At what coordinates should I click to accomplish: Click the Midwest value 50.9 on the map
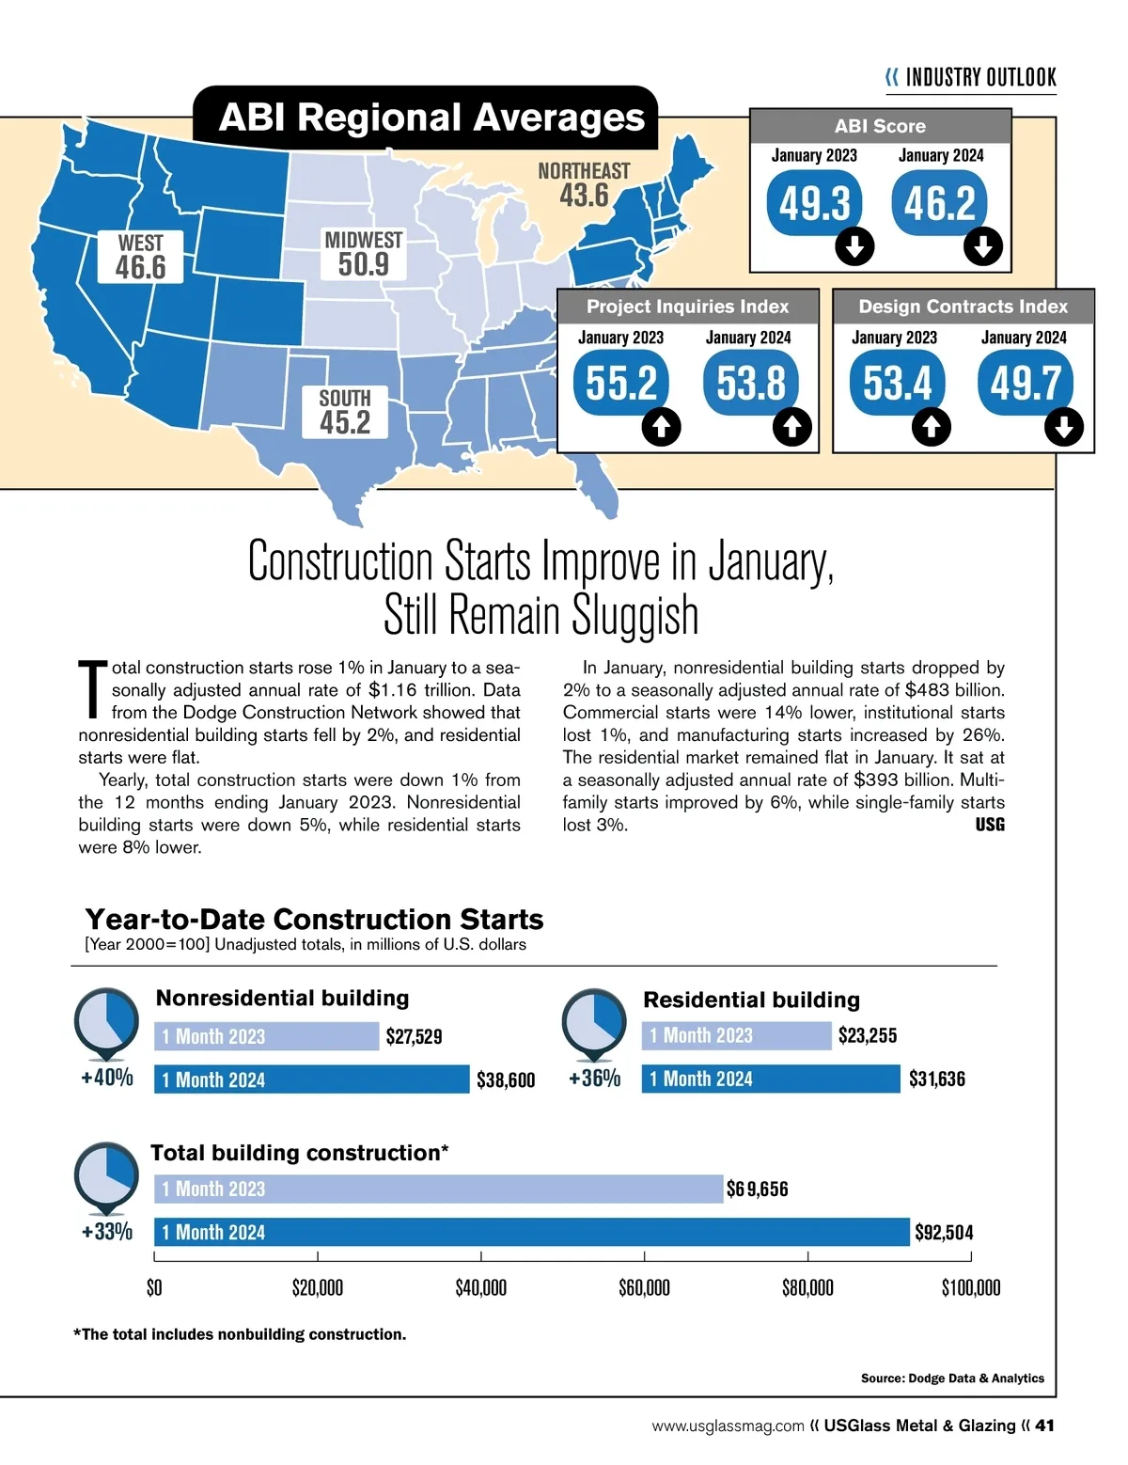point(363,264)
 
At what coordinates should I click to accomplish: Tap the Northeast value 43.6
point(584,196)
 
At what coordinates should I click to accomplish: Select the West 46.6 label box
point(141,257)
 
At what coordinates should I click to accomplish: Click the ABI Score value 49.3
point(814,203)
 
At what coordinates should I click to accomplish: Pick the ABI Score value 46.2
point(940,203)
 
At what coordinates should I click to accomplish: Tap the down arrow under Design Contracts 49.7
point(1063,428)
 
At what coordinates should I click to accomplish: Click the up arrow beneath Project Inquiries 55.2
point(661,428)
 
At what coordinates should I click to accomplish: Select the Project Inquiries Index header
point(687,307)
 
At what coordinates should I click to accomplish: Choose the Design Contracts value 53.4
point(897,384)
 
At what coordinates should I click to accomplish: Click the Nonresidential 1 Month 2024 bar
point(311,1079)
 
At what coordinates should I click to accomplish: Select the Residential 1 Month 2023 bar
point(736,1035)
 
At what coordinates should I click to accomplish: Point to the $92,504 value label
point(944,1233)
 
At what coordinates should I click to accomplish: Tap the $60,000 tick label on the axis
point(644,1287)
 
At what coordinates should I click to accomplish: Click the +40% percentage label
point(107,1078)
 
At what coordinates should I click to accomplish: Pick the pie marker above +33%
point(106,1175)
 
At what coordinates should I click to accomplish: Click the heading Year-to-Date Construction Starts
point(314,919)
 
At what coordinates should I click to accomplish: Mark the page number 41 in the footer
point(1044,1426)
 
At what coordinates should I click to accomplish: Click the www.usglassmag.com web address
point(728,1426)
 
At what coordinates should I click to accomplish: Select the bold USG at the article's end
point(990,825)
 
